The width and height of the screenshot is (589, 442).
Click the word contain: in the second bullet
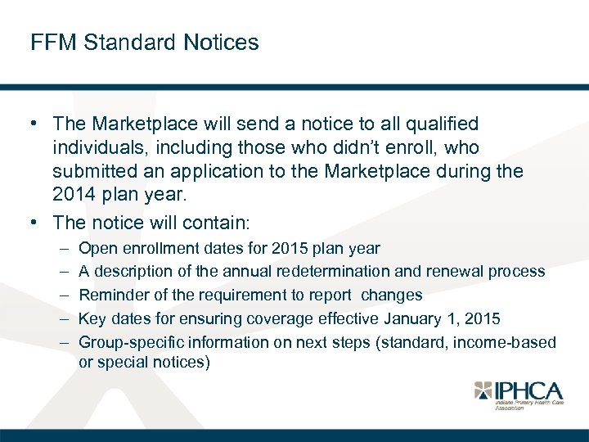[223, 222]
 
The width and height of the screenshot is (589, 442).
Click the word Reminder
[112, 295]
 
